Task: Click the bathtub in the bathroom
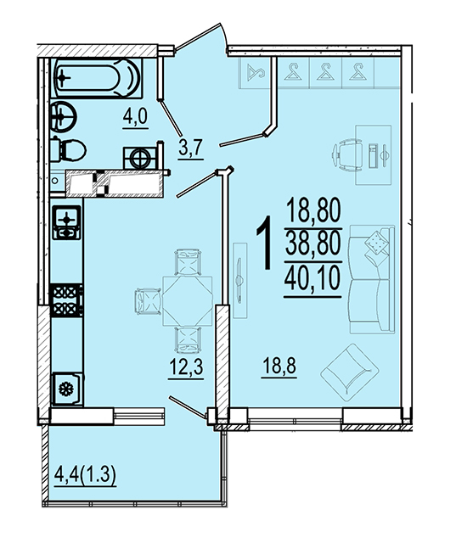click(97, 78)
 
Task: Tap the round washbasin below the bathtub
click(63, 116)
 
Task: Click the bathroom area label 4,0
click(135, 117)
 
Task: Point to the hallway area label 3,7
click(190, 149)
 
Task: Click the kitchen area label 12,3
click(186, 367)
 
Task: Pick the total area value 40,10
click(312, 280)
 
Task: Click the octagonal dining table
click(188, 300)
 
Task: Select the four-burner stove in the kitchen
click(66, 299)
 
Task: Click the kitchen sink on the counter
click(66, 222)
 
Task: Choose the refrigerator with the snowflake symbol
click(67, 389)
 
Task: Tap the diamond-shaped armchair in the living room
click(349, 372)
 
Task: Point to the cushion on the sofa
click(376, 242)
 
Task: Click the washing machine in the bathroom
click(140, 158)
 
